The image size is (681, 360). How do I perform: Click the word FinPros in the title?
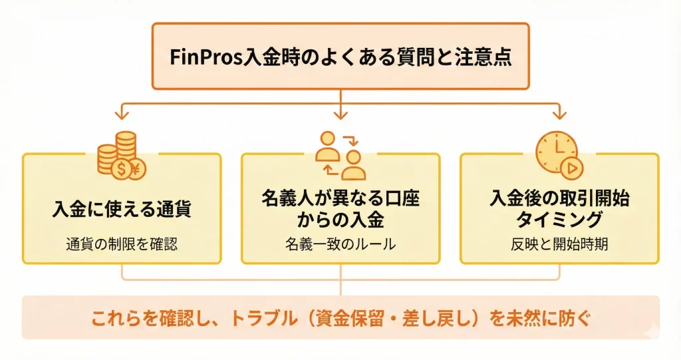click(x=195, y=57)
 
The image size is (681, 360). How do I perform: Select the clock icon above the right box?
click(x=556, y=153)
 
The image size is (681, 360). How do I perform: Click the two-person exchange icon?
click(x=340, y=155)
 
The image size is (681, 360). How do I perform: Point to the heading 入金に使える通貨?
click(x=122, y=209)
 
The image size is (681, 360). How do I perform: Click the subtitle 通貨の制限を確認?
click(x=122, y=244)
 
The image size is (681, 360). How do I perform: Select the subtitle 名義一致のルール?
click(x=340, y=244)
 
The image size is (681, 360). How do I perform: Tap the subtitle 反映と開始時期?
click(x=559, y=244)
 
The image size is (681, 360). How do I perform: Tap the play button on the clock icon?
click(x=570, y=168)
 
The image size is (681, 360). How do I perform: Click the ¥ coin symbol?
click(x=136, y=169)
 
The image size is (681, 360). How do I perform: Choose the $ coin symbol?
click(x=121, y=170)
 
